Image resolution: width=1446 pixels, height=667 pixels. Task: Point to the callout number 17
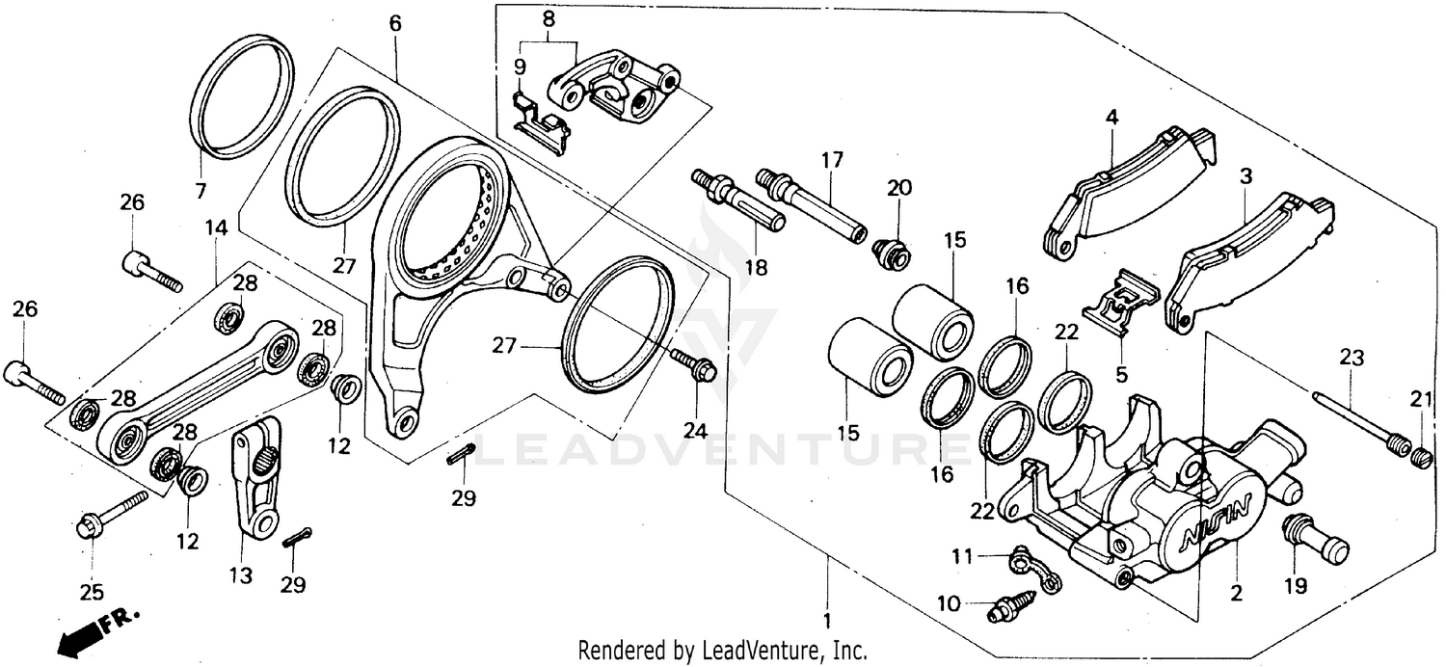point(832,159)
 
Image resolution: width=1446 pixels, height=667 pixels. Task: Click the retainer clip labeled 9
point(539,121)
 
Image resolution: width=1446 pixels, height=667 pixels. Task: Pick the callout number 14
point(216,228)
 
